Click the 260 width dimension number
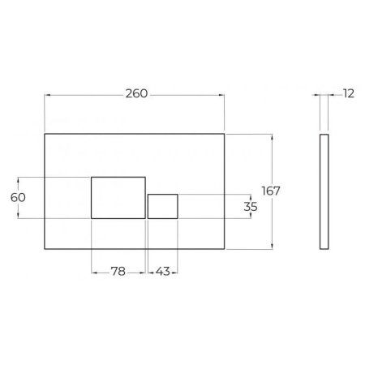pyautogui.click(x=136, y=94)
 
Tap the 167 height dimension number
pyautogui.click(x=271, y=191)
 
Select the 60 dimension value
pyautogui.click(x=17, y=197)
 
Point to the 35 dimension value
pyautogui.click(x=251, y=207)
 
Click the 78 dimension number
pyautogui.click(x=118, y=272)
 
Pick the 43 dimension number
pyautogui.click(x=162, y=272)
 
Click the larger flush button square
pyautogui.click(x=118, y=197)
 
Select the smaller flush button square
pyautogui.click(x=163, y=206)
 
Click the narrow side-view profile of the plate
pyautogui.click(x=326, y=191)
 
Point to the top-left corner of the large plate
pyautogui.click(x=43, y=133)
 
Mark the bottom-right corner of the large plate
pyautogui.click(x=225, y=249)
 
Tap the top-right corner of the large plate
pyautogui.click(x=225, y=133)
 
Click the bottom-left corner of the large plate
pyautogui.click(x=43, y=249)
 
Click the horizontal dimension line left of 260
pyautogui.click(x=81, y=95)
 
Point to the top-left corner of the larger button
pyautogui.click(x=92, y=176)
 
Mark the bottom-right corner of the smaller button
pyautogui.click(x=178, y=219)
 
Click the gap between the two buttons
pyautogui.click(x=147, y=206)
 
